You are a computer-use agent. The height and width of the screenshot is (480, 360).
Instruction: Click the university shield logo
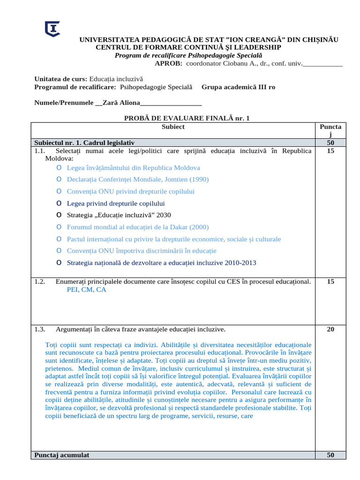(52, 29)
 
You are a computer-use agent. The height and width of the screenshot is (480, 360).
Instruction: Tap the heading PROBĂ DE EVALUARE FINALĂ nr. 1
(187, 119)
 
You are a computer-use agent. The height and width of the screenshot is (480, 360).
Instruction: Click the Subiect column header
(173, 127)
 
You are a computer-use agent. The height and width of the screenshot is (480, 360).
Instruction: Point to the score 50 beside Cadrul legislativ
(330, 142)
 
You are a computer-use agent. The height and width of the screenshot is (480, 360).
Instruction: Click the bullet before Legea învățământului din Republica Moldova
(58, 167)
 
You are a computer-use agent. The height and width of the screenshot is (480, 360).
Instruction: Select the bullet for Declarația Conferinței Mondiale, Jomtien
(58, 179)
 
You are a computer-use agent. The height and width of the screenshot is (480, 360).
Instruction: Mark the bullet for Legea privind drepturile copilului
(58, 203)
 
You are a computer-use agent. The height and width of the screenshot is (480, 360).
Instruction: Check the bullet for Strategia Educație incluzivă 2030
(58, 215)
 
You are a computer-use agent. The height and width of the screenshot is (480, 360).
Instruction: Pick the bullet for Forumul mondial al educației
(58, 227)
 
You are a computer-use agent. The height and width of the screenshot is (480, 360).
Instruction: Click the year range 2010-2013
(240, 262)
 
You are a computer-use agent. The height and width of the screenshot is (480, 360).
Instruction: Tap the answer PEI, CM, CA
(87, 290)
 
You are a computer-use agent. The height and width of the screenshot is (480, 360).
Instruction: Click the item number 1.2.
(39, 282)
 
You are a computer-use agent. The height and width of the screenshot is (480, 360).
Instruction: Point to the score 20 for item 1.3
(330, 329)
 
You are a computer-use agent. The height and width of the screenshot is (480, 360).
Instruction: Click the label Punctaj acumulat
(61, 455)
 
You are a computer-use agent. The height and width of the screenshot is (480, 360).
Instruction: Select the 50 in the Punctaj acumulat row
(330, 455)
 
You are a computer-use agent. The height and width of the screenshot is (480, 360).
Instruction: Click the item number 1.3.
(39, 329)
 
